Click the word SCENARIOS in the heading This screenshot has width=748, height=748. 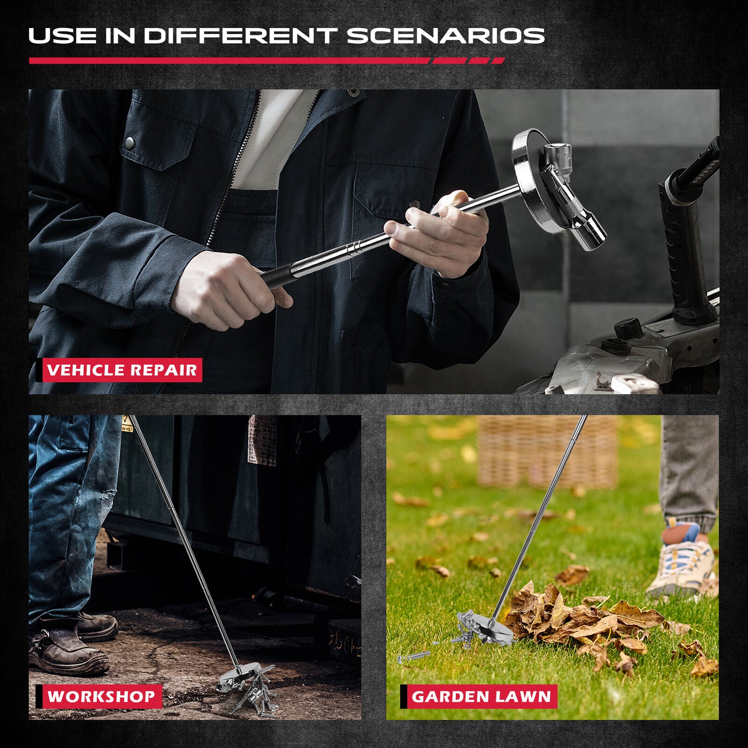[x=446, y=36]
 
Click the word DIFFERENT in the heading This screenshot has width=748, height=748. [x=240, y=36]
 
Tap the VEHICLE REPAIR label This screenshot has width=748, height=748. [x=122, y=370]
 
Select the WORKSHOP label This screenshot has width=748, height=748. [x=101, y=696]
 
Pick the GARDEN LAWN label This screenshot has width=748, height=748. [x=481, y=696]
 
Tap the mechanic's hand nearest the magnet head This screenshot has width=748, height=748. [x=439, y=234]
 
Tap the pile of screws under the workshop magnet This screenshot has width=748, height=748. [x=252, y=692]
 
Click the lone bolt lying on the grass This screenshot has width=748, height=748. [x=414, y=657]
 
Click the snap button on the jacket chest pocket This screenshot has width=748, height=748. [x=130, y=142]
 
